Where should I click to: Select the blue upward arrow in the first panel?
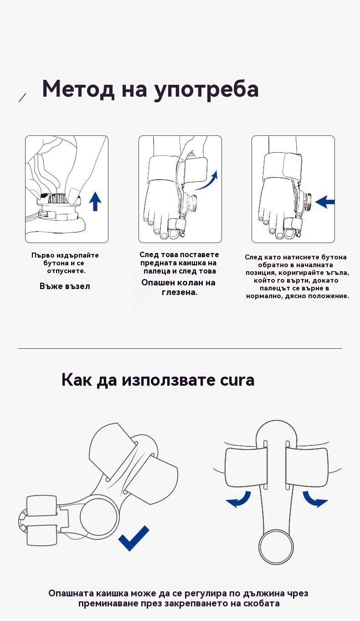pos(95,202)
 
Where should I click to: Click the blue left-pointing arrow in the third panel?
pos(325,202)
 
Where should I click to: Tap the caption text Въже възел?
pos(65,286)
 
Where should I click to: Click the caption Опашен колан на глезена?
pos(179,288)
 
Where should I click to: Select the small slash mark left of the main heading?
pos(22,98)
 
